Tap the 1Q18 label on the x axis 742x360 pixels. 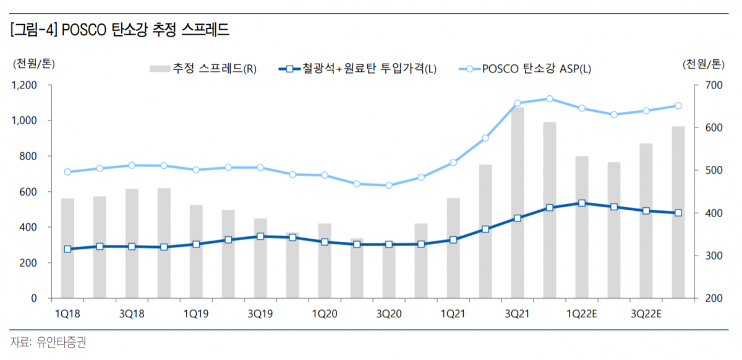click(x=67, y=314)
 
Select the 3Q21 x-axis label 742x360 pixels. click(x=518, y=314)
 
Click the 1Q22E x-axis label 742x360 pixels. click(x=582, y=314)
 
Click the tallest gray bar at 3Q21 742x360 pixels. click(x=518, y=204)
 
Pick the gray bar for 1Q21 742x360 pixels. click(x=453, y=247)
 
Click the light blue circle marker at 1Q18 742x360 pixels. click(x=67, y=172)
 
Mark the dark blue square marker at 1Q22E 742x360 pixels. click(x=582, y=203)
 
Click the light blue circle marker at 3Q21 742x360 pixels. click(x=518, y=103)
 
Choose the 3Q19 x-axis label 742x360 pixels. click(x=260, y=314)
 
